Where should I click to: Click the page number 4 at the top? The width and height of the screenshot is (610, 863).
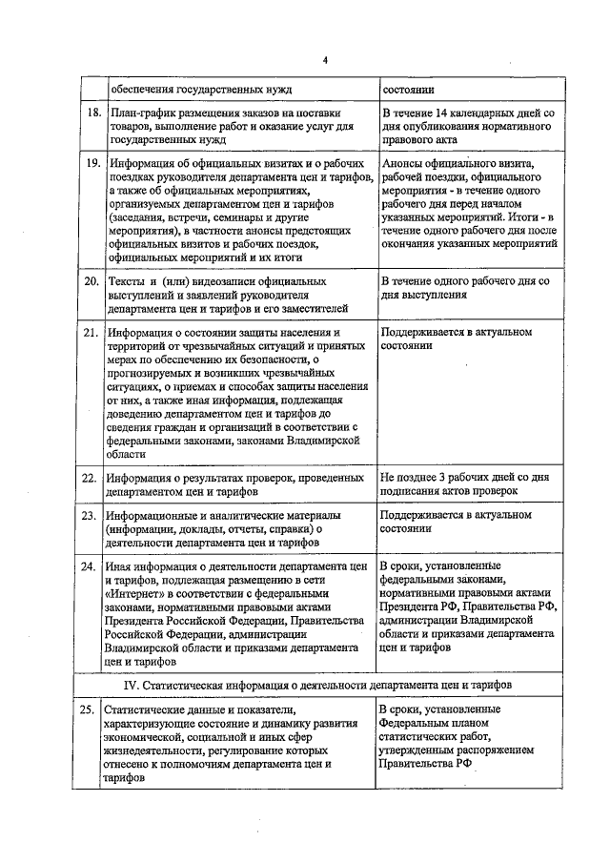pyautogui.click(x=325, y=61)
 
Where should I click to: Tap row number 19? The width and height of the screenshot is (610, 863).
pyautogui.click(x=91, y=163)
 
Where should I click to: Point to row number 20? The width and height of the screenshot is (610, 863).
pyautogui.click(x=91, y=283)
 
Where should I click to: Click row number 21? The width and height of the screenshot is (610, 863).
pyautogui.click(x=91, y=333)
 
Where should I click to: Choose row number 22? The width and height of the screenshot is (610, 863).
pyautogui.click(x=91, y=478)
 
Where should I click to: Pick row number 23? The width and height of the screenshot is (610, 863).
pyautogui.click(x=91, y=516)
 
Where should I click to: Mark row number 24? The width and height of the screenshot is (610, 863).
pyautogui.click(x=91, y=565)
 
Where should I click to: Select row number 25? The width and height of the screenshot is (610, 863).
pyautogui.click(x=91, y=710)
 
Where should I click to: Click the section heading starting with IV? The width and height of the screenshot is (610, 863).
pyautogui.click(x=324, y=685)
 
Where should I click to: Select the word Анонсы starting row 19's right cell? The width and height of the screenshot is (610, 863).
pyautogui.click(x=403, y=163)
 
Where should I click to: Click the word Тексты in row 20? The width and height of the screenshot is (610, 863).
pyautogui.click(x=125, y=283)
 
